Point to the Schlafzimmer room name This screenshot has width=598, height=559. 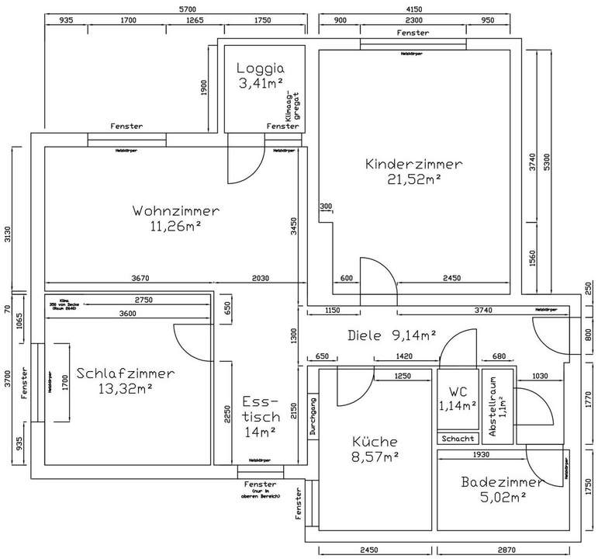125,373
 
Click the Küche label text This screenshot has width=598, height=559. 375,439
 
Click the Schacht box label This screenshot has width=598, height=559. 457,439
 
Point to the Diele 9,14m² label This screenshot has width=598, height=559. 392,335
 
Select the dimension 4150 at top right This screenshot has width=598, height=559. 416,8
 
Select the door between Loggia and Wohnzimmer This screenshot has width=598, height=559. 244,162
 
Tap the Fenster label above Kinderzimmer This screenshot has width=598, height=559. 413,33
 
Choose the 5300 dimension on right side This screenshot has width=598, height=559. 548,161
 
